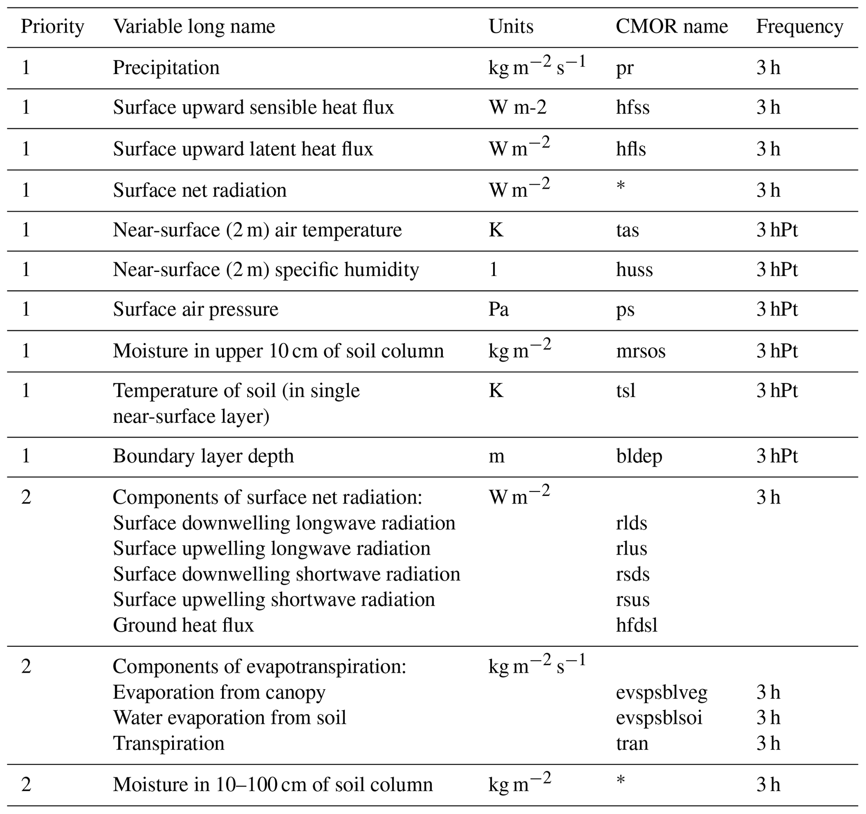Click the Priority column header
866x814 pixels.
coord(52,27)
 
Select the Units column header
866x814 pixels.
coord(511,27)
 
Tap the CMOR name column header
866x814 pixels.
coord(671,27)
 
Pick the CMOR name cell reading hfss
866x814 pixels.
coord(633,108)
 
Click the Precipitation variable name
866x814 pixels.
coord(166,68)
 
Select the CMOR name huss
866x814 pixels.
coord(634,270)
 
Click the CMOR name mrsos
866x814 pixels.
coord(640,351)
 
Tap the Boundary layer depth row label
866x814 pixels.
coord(204,456)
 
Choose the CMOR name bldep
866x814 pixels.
coord(639,456)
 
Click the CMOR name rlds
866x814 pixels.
coord(631,523)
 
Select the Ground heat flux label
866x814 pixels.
coord(183,625)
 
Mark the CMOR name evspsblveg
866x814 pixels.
coord(661,693)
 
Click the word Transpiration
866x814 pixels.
coord(168,744)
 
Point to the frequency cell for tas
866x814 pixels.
coord(777,230)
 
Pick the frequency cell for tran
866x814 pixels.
coord(768,744)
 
